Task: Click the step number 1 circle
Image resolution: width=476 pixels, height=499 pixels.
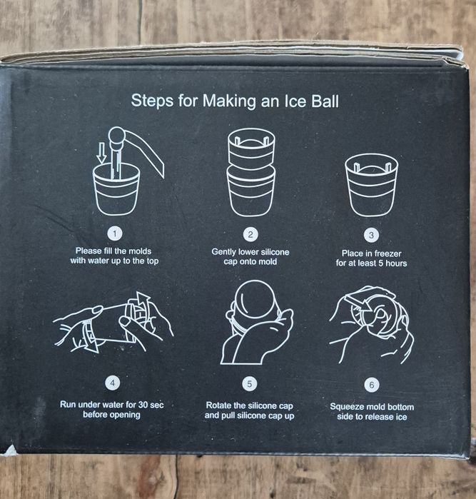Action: pyautogui.click(x=115, y=234)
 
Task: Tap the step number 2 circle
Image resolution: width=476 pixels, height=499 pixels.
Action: pyautogui.click(x=250, y=235)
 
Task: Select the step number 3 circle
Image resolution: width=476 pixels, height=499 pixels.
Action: pyautogui.click(x=371, y=236)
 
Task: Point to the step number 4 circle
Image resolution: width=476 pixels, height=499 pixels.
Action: pyautogui.click(x=112, y=383)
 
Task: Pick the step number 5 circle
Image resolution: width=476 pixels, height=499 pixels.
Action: pyautogui.click(x=250, y=384)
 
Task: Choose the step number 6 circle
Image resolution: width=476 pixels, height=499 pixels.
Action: pyautogui.click(x=372, y=385)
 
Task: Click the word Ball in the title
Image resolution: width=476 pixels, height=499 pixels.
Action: pyautogui.click(x=325, y=101)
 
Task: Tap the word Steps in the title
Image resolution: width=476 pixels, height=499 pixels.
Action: pyautogui.click(x=153, y=101)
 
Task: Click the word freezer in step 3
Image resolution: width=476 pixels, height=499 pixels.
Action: pyautogui.click(x=388, y=253)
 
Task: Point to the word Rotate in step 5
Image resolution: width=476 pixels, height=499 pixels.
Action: pyautogui.click(x=218, y=405)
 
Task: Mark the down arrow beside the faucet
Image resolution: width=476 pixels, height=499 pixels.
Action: pyautogui.click(x=102, y=153)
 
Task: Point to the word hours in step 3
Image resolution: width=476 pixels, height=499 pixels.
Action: pyautogui.click(x=396, y=263)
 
